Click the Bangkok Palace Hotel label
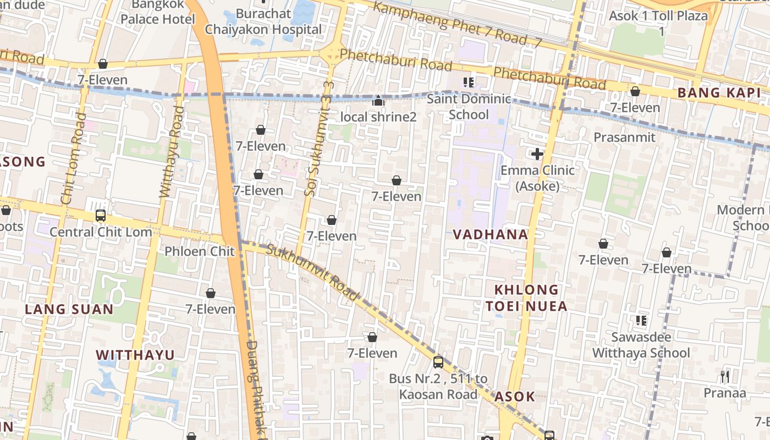pos(157,13)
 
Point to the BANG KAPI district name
pos(718,93)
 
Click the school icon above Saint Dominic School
pos(469,83)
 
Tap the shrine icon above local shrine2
pos(378,101)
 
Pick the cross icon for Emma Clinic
pos(537,155)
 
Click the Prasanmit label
pos(624,137)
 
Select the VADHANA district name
pos(490,234)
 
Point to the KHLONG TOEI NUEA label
pos(526,298)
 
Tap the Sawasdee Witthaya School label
pos(641,345)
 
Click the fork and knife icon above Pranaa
pos(725,377)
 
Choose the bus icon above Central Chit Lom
pos(101,216)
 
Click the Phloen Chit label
pos(200,251)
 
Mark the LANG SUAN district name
pos(69,309)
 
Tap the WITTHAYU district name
pos(135,355)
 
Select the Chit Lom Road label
pos(74,159)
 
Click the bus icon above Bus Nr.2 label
pos(438,362)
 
